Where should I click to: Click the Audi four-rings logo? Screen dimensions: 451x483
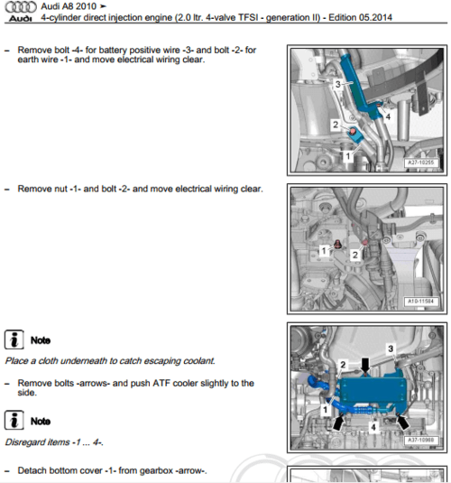pyautogui.click(x=21, y=7)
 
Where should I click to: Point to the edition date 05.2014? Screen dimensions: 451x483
pyautogui.click(x=374, y=17)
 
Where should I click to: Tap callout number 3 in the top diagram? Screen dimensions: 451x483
pyautogui.click(x=337, y=84)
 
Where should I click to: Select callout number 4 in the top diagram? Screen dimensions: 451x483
pyautogui.click(x=388, y=116)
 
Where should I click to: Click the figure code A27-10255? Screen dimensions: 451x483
pyautogui.click(x=421, y=163)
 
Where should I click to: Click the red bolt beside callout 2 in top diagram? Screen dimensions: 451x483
pyautogui.click(x=352, y=132)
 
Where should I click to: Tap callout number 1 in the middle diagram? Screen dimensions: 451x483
pyautogui.click(x=324, y=251)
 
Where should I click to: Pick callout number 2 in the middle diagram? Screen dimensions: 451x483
pyautogui.click(x=355, y=255)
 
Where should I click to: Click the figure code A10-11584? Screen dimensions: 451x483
pyautogui.click(x=421, y=302)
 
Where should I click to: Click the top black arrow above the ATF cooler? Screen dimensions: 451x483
pyautogui.click(x=365, y=366)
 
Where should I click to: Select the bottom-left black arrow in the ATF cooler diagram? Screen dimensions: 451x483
pyautogui.click(x=338, y=423)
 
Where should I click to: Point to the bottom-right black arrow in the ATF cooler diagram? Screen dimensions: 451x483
pyautogui.click(x=402, y=423)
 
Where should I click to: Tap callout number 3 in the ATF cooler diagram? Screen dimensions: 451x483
pyautogui.click(x=391, y=348)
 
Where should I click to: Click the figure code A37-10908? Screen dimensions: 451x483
pyautogui.click(x=421, y=441)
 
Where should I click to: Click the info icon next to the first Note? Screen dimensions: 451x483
pyautogui.click(x=14, y=339)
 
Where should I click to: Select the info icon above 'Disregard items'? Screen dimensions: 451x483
pyautogui.click(x=14, y=420)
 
